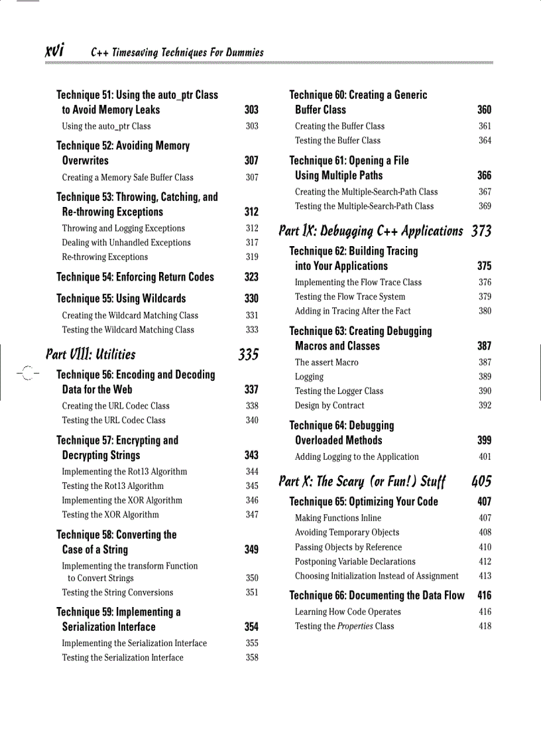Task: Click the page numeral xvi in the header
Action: pos(54,51)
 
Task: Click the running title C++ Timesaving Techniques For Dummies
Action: pos(177,52)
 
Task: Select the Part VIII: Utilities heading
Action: pos(90,354)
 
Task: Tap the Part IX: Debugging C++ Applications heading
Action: pos(371,231)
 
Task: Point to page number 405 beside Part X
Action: pos(481,481)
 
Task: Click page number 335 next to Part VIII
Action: pos(249,354)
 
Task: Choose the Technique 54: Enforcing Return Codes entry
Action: pos(135,277)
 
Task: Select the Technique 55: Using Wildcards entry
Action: pos(121,299)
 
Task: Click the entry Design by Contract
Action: pos(330,405)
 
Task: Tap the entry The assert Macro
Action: pos(326,362)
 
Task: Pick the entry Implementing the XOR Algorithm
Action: pos(122,500)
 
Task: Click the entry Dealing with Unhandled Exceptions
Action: pos(126,243)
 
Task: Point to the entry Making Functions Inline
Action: pos(338,518)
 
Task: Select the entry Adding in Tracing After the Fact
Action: pos(353,311)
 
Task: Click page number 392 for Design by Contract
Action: pos(485,405)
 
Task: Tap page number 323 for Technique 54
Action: pos(251,277)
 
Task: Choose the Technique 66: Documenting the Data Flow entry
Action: pos(377,595)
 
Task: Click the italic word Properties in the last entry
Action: pos(355,626)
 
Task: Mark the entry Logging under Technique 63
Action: pos(310,377)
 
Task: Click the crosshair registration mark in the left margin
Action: pos(27,375)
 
